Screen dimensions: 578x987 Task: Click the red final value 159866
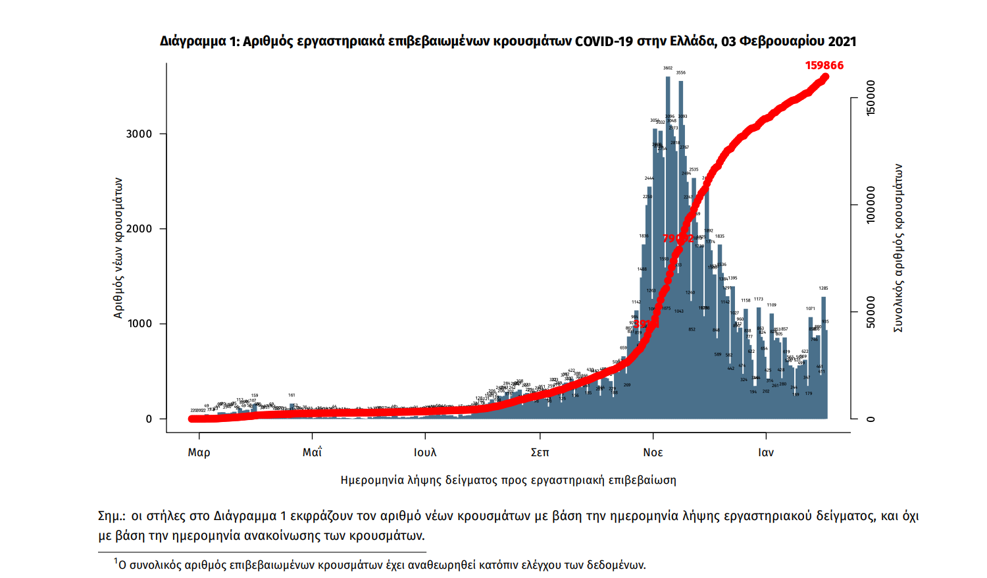tap(824, 65)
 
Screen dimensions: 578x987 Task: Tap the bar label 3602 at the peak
tap(668, 68)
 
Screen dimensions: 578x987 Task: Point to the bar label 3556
tap(681, 72)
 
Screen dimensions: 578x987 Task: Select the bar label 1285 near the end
tap(823, 288)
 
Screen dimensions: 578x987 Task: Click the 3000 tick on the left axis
tap(139, 134)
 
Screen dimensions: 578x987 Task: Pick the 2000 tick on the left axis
tap(139, 228)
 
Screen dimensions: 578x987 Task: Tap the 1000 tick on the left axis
tap(139, 323)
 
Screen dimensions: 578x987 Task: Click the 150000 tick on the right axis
tap(871, 98)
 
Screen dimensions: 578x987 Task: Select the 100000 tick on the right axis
tap(871, 205)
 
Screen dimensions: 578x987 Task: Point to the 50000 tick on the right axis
tap(871, 312)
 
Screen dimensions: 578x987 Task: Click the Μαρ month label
tap(199, 452)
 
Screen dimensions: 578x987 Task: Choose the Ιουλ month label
tap(425, 452)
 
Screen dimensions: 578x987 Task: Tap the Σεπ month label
tap(540, 452)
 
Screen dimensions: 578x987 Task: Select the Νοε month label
tap(653, 452)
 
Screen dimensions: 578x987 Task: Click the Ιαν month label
tap(766, 452)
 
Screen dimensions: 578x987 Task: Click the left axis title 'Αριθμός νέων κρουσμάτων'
tap(118, 248)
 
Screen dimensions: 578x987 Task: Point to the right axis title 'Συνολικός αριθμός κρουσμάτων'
tap(898, 248)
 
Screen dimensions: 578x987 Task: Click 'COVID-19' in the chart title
tap(604, 41)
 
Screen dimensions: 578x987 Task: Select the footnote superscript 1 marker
tap(116, 561)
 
